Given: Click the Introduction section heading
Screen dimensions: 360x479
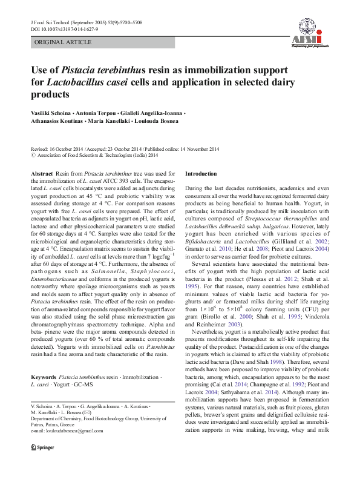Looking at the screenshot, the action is point(201,174).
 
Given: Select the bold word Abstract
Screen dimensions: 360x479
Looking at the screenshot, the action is point(41,174).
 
